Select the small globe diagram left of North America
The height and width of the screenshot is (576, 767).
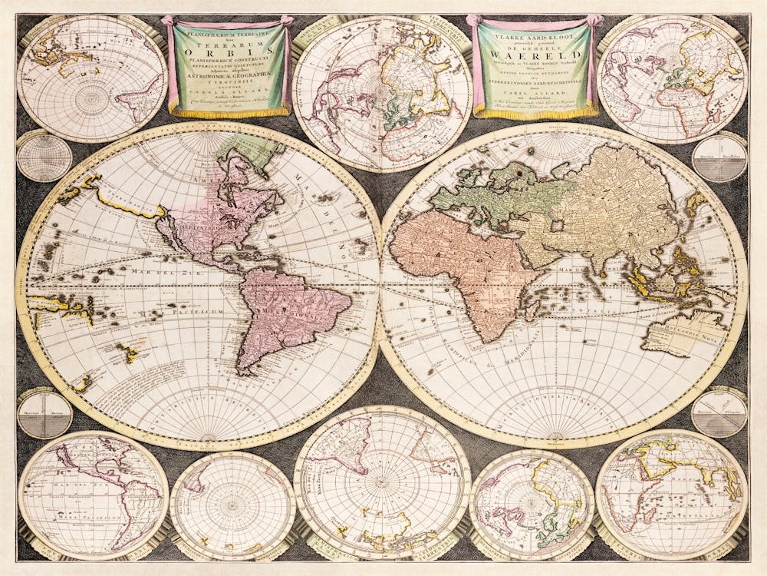(44, 157)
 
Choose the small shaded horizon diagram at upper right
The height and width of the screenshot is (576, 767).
(719, 158)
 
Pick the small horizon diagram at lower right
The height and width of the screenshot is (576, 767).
(718, 413)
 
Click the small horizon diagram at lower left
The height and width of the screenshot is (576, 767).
(44, 414)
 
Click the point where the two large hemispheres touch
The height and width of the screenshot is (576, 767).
(380, 284)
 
